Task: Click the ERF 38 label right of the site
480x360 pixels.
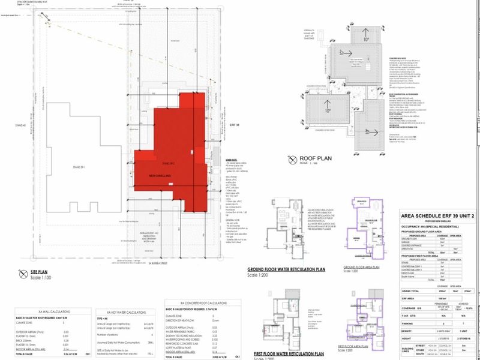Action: coord(234,126)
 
